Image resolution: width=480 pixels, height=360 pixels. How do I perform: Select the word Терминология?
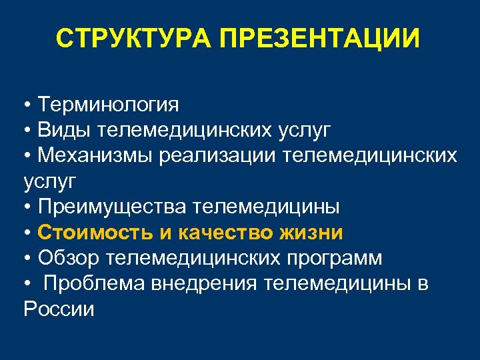click(x=109, y=105)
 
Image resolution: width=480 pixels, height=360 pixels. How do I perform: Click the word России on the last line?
click(x=59, y=309)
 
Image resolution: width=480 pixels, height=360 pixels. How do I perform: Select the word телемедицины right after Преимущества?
click(x=266, y=207)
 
